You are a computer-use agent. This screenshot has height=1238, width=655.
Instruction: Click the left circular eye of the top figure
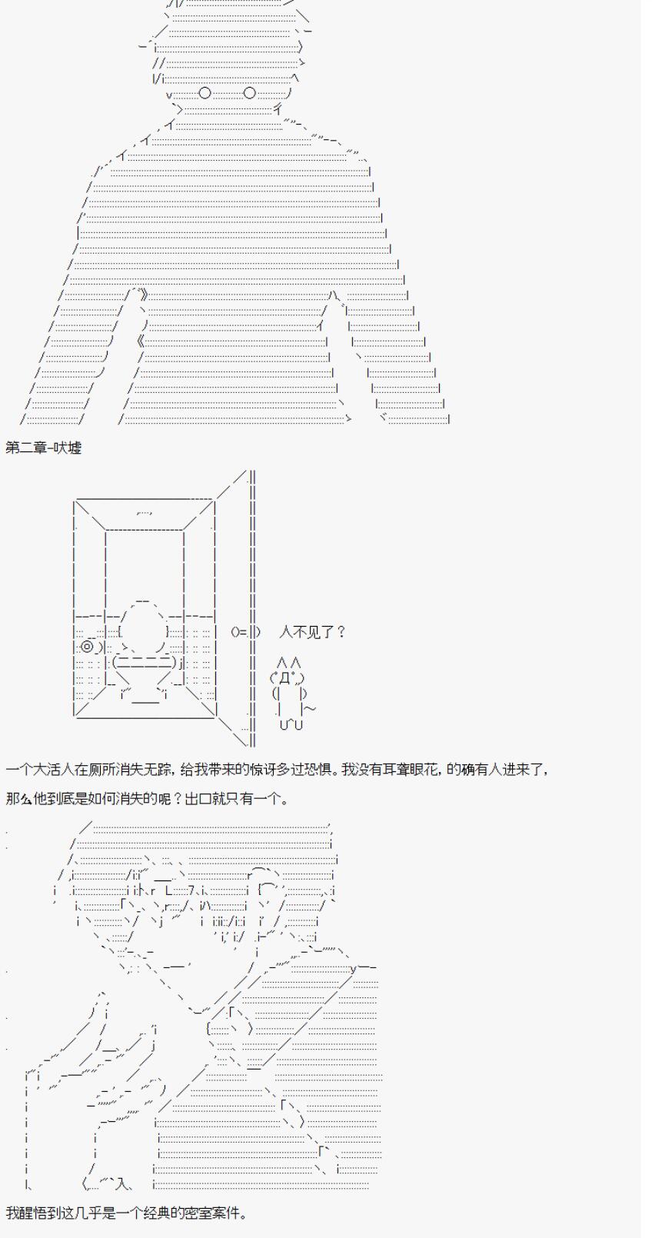(x=204, y=93)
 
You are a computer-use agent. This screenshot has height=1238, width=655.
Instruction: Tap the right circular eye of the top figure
(x=249, y=93)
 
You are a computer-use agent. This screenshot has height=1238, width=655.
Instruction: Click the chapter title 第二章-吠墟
(x=44, y=447)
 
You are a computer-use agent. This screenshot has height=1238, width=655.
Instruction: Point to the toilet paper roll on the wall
(x=88, y=646)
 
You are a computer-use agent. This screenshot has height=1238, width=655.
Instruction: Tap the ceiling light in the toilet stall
(x=145, y=513)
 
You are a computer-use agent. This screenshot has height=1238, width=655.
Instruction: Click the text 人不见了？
(x=312, y=632)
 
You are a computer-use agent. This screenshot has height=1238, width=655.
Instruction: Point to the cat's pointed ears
(x=289, y=662)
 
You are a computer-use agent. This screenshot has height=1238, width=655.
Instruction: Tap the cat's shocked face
(x=288, y=677)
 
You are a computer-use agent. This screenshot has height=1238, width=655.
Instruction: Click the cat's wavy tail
(x=310, y=708)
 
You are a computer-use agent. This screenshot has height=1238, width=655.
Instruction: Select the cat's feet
(x=291, y=724)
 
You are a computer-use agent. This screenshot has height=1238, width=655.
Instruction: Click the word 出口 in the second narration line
(x=198, y=799)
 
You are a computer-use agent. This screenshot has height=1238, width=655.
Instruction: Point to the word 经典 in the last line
(x=171, y=1213)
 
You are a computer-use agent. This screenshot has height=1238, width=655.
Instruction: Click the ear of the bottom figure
(x=268, y=890)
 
